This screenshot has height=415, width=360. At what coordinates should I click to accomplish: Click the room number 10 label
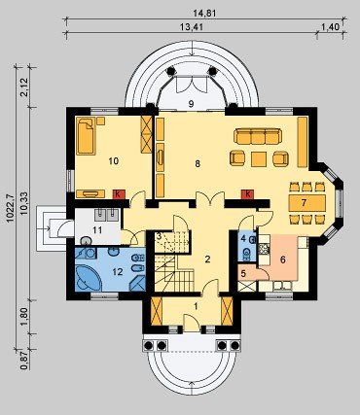pyautogui.click(x=114, y=161)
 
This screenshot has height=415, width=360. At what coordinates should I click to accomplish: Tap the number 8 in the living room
pyautogui.click(x=198, y=164)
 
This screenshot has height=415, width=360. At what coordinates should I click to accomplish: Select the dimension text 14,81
pyautogui.click(x=204, y=14)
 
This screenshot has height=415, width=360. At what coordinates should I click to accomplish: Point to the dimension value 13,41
pyautogui.click(x=192, y=27)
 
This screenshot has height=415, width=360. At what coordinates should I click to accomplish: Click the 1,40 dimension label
pyautogui.click(x=330, y=27)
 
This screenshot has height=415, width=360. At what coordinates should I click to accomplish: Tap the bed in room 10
pyautogui.click(x=86, y=136)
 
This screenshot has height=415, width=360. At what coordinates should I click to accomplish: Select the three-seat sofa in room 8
pyautogui.click(x=258, y=136)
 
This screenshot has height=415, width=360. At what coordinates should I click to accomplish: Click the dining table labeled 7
pyautogui.click(x=307, y=203)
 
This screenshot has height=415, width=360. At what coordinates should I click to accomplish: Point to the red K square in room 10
pyautogui.click(x=119, y=194)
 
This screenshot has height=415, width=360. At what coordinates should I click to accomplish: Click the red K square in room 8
pyautogui.click(x=247, y=194)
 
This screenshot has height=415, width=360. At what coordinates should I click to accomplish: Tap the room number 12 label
pyautogui.click(x=118, y=272)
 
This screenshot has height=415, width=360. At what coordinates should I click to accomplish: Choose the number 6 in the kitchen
pyautogui.click(x=282, y=259)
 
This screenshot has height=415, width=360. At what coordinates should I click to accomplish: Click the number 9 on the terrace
pyautogui.click(x=191, y=104)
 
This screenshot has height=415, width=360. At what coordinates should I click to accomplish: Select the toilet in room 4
pyautogui.click(x=247, y=255)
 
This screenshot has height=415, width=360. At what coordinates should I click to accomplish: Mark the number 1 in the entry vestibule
pyautogui.click(x=196, y=306)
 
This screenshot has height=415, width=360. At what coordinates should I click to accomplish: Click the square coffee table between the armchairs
pyautogui.click(x=259, y=159)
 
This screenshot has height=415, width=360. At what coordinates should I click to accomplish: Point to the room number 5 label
pyautogui.click(x=243, y=274)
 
